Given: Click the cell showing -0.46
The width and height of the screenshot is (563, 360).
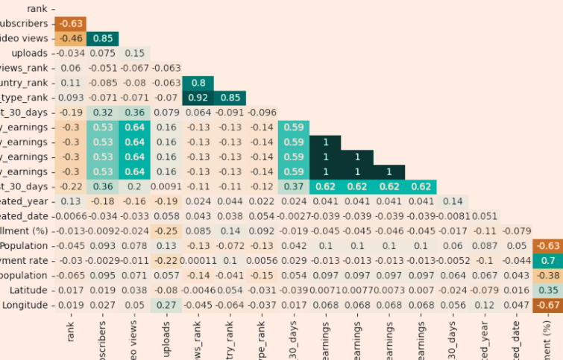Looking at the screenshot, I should (x=71, y=38).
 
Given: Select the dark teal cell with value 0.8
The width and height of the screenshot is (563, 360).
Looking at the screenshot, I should (x=198, y=83).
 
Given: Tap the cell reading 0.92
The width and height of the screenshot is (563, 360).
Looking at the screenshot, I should (x=198, y=98).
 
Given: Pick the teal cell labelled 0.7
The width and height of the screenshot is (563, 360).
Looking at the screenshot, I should (x=548, y=260).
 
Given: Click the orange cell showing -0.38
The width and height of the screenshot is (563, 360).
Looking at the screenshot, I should (x=548, y=275).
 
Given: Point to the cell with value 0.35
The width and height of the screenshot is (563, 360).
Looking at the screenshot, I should (x=548, y=290).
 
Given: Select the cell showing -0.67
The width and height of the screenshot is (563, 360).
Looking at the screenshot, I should (x=548, y=305).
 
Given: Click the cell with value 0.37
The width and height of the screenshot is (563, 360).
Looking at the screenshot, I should (x=294, y=186).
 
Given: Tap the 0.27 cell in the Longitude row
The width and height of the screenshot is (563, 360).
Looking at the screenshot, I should (x=166, y=305).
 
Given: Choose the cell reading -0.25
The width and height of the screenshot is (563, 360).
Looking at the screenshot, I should (x=166, y=231).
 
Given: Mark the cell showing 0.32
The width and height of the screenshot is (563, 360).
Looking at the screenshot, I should (x=103, y=113).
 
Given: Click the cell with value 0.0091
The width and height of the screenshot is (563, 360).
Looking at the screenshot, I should (x=166, y=186).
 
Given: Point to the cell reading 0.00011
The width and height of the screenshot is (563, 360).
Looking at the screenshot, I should (x=198, y=260).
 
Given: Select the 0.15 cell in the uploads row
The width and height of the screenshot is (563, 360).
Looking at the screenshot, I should (x=135, y=53).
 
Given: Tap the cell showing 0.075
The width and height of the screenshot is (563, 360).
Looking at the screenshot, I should (x=103, y=53).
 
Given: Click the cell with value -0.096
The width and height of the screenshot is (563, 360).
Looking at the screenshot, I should (x=262, y=113).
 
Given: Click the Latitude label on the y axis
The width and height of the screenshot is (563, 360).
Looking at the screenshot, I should (x=31, y=290).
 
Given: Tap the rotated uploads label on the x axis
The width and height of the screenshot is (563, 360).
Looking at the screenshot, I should (x=167, y=340).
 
